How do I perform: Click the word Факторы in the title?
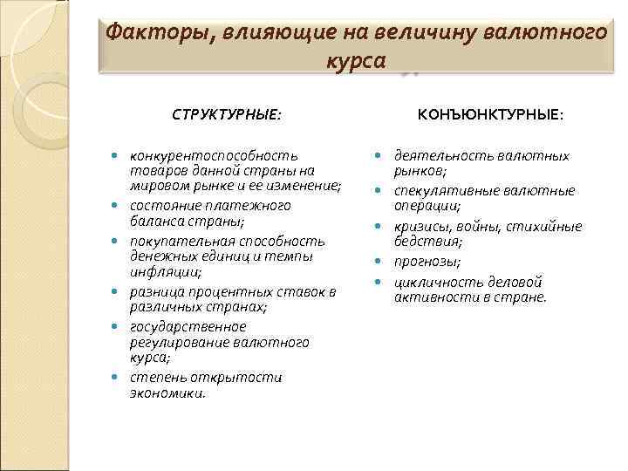(154, 34)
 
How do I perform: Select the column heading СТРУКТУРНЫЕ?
(227, 114)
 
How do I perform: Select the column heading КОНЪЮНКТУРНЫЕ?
(491, 114)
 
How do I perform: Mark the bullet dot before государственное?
(115, 326)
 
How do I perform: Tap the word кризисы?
(422, 226)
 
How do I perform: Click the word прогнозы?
(428, 262)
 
